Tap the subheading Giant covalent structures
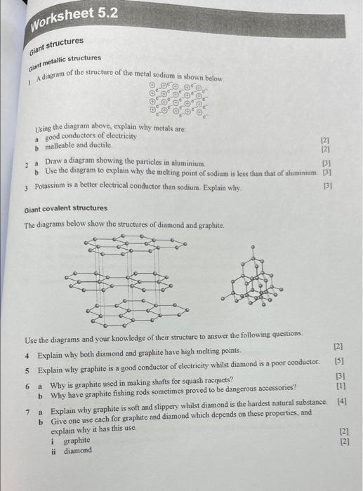coord(66,208)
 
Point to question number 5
coord(27,370)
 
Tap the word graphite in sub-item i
coord(77,441)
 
